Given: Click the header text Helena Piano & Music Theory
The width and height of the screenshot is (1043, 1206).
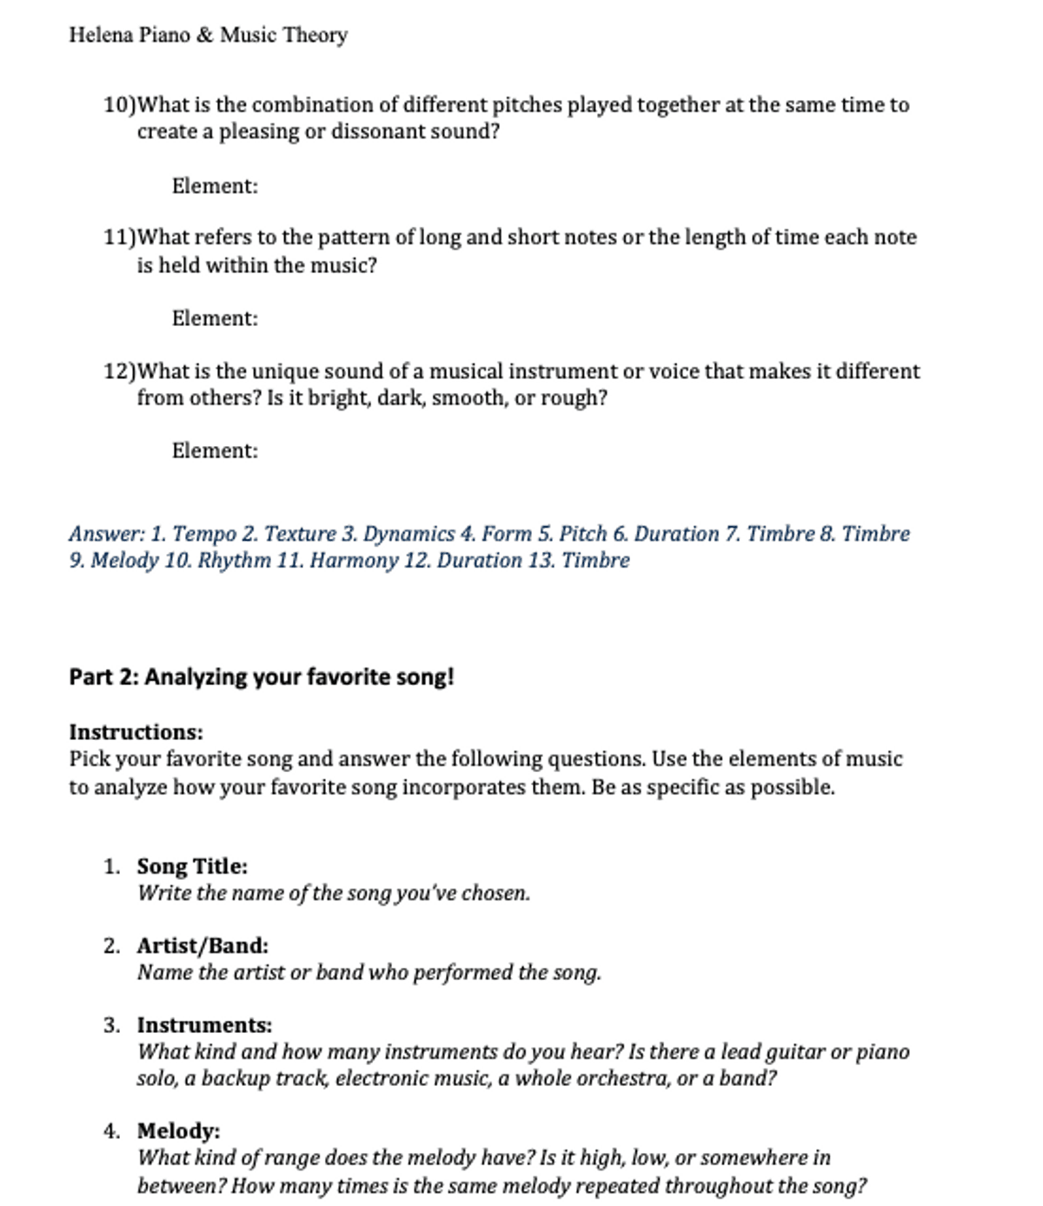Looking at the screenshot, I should (208, 35).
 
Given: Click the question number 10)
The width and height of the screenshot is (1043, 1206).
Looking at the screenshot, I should (120, 105).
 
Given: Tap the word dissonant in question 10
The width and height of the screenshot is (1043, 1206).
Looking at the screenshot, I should (378, 132).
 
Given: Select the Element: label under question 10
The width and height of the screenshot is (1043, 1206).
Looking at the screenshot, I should (215, 186).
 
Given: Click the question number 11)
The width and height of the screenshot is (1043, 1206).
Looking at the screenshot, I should (120, 237).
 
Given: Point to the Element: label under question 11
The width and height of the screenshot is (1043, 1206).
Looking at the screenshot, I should (215, 318).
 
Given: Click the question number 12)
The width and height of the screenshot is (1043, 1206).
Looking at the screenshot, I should (120, 371).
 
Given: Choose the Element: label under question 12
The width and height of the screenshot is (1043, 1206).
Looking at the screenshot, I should (215, 450).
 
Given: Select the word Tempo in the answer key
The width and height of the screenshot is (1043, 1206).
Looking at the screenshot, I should (204, 534).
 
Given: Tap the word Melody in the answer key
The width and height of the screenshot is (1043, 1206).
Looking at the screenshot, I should (124, 560).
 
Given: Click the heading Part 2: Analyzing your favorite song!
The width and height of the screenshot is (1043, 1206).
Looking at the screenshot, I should (261, 676).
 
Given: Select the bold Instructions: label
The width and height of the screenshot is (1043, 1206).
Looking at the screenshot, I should (136, 732).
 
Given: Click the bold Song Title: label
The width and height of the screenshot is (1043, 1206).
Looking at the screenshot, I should (192, 866).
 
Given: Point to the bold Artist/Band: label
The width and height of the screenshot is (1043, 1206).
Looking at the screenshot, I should (203, 945).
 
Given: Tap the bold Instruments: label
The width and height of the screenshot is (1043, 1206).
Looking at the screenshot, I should (204, 1025).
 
